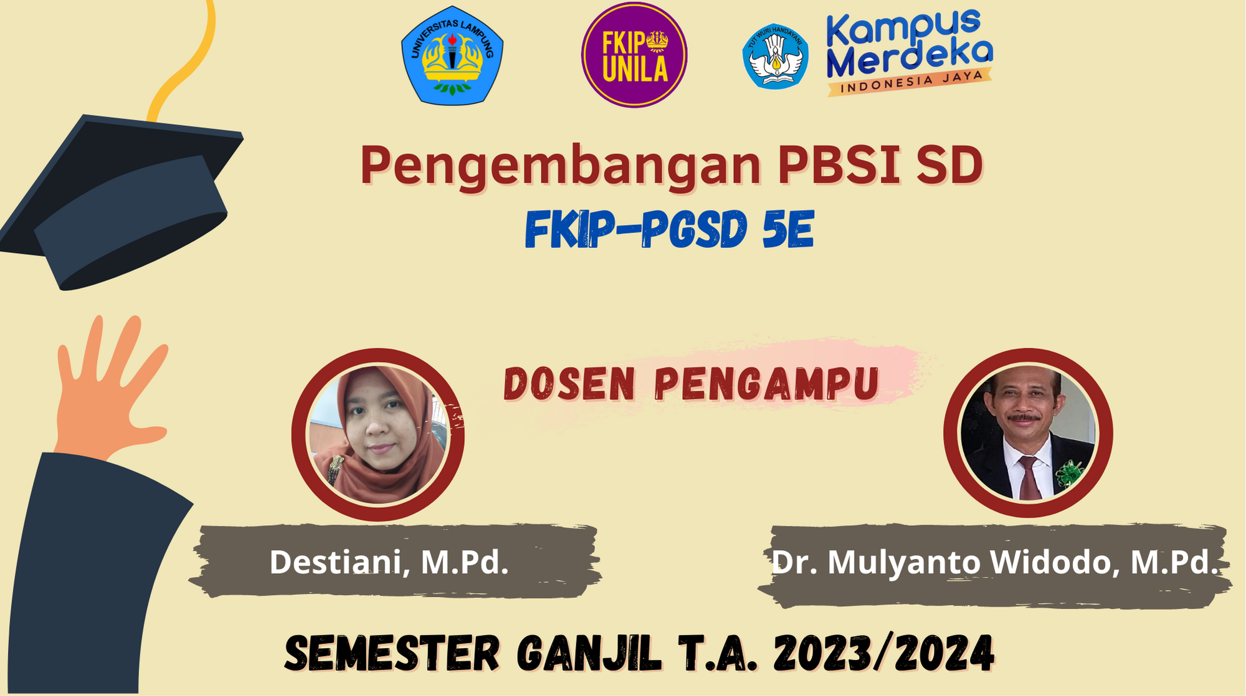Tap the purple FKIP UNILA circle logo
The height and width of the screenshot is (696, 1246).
[634, 55]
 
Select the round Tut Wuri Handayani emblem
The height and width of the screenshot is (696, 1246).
[776, 57]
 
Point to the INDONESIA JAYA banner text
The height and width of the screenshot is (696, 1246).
[910, 82]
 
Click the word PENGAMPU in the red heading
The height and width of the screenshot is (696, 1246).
[767, 384]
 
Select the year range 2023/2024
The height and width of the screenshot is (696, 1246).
[883, 654]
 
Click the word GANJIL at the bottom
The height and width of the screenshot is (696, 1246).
[589, 654]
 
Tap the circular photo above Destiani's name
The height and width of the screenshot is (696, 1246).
[378, 434]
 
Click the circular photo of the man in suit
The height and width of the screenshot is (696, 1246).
[1028, 433]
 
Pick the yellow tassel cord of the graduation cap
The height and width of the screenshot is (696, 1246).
[187, 62]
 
